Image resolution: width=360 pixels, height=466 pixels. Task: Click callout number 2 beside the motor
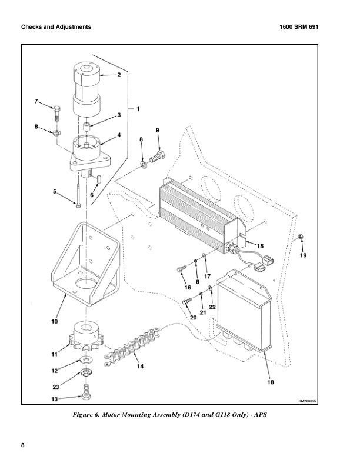(119, 75)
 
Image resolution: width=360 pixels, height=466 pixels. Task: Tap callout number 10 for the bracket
(54, 321)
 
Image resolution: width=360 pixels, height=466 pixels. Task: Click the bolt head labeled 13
(87, 397)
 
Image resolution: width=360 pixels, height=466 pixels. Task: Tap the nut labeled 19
(300, 237)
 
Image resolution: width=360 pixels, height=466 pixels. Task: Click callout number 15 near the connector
(261, 245)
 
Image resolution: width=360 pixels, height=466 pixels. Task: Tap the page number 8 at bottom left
(23, 445)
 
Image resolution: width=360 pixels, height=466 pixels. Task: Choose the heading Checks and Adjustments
(56, 27)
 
